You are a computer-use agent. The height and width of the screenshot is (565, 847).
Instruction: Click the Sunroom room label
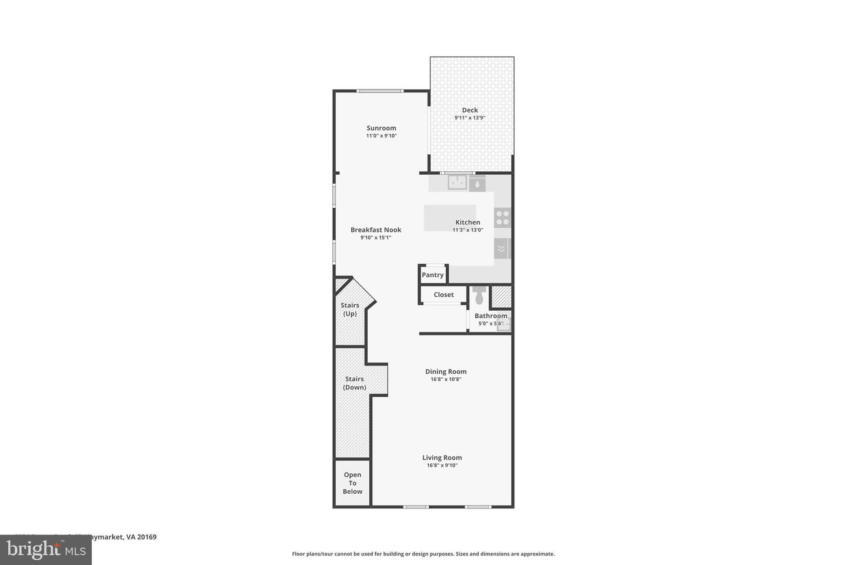(x=381, y=128)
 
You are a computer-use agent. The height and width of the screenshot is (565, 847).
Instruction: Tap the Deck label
(x=470, y=110)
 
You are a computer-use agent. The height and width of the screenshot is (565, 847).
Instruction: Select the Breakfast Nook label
(x=376, y=230)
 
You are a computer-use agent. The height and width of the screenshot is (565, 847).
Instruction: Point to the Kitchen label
(x=468, y=222)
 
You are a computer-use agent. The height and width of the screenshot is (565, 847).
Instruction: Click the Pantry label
(x=432, y=275)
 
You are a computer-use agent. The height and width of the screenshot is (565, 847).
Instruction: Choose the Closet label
(x=443, y=294)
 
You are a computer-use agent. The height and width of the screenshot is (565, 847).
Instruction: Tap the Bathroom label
(x=491, y=315)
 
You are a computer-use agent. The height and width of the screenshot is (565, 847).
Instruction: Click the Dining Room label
(x=446, y=371)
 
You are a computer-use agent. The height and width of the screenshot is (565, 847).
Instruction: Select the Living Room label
(x=442, y=457)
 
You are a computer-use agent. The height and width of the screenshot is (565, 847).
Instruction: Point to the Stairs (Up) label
(x=350, y=309)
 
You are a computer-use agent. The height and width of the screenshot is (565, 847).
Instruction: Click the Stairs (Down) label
(x=355, y=383)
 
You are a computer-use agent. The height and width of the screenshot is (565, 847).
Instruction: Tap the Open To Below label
(x=352, y=483)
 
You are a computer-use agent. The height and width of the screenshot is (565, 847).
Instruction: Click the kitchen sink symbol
(x=457, y=183)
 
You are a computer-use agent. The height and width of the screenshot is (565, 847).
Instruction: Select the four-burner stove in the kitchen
(x=502, y=218)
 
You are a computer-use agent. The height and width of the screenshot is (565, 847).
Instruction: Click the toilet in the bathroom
(x=479, y=295)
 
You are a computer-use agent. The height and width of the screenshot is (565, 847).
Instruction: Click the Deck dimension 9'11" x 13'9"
(x=470, y=118)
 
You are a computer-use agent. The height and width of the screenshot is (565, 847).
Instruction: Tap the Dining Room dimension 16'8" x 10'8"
(x=446, y=380)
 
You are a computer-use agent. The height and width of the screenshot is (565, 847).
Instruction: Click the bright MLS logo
(x=45, y=550)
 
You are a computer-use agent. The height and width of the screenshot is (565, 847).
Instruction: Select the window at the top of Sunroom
(x=381, y=91)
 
